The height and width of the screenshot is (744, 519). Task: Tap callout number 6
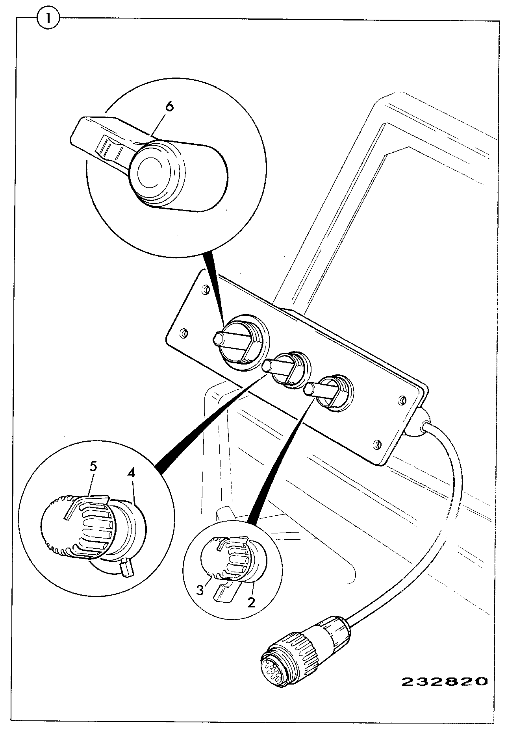[x=169, y=108]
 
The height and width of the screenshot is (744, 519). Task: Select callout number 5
[x=93, y=466]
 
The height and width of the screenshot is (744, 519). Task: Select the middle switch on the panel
[x=287, y=369]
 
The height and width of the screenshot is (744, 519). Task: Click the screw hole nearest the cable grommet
[x=400, y=400]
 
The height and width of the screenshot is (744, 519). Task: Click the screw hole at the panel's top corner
[x=204, y=290]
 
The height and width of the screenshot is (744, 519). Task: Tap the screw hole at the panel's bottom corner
[x=377, y=444]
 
